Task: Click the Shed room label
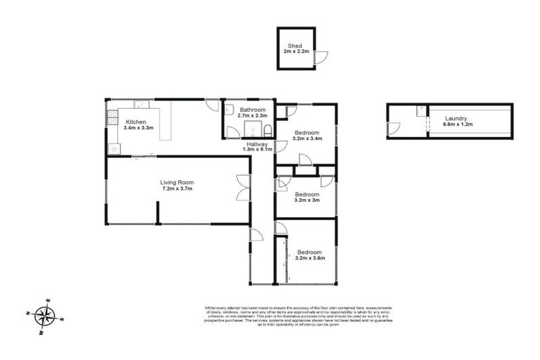[295, 46]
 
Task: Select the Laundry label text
[455, 118]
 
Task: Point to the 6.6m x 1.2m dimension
[458, 125]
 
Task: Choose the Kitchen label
[136, 122]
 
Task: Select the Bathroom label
[252, 110]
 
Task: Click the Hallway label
[257, 143]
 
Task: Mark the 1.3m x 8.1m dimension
[257, 150]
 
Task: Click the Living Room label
[176, 182]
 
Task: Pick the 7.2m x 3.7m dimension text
[176, 189]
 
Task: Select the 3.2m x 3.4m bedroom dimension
[307, 139]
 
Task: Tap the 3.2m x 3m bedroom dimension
[307, 200]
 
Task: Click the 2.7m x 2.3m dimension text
[252, 117]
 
